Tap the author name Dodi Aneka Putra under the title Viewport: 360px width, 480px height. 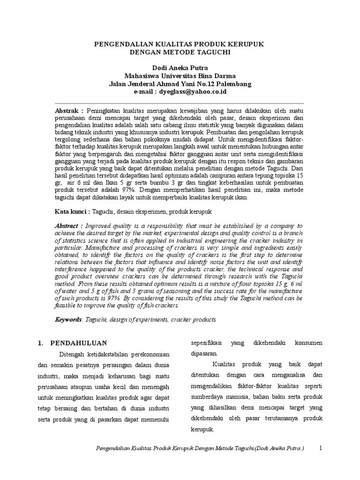[180, 68]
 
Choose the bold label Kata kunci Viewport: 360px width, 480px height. [72, 212]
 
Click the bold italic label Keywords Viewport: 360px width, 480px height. [68, 319]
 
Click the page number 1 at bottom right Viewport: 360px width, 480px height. [321, 448]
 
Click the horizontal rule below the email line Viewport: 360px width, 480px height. [180, 103]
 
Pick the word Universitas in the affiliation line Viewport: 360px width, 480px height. [179, 76]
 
